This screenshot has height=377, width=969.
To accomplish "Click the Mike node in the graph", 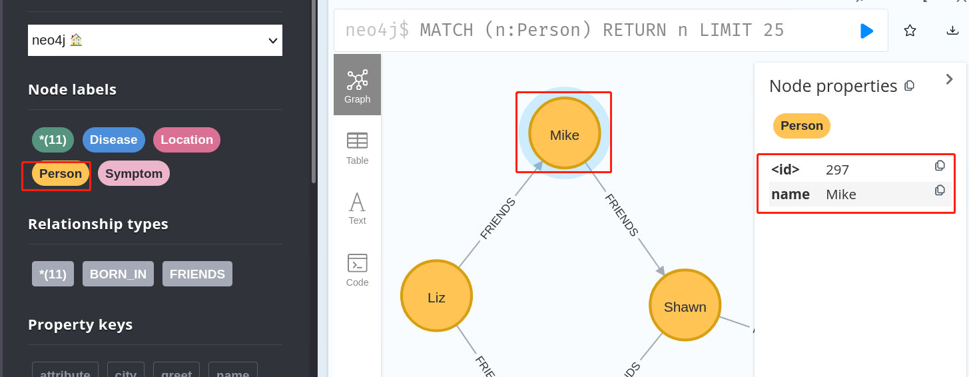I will click(x=564, y=134).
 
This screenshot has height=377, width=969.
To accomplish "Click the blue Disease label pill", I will click(x=113, y=140).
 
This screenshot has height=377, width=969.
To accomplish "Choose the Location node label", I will click(x=186, y=140).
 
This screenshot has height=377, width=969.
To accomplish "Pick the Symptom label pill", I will click(x=134, y=174).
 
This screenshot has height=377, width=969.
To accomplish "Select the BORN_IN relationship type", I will click(x=118, y=274).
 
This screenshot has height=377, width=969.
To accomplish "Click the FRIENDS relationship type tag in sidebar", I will click(x=197, y=274).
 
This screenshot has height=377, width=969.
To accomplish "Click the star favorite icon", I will click(x=910, y=31).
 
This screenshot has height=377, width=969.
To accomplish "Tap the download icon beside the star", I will click(x=952, y=31).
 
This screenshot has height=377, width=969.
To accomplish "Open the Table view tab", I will click(x=357, y=149).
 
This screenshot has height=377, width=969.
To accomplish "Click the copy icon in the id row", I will click(x=940, y=166).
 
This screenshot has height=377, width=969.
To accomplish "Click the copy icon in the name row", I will click(x=940, y=190).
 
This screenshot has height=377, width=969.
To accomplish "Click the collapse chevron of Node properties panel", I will click(x=950, y=79).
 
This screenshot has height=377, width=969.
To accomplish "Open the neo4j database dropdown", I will click(x=155, y=41).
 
